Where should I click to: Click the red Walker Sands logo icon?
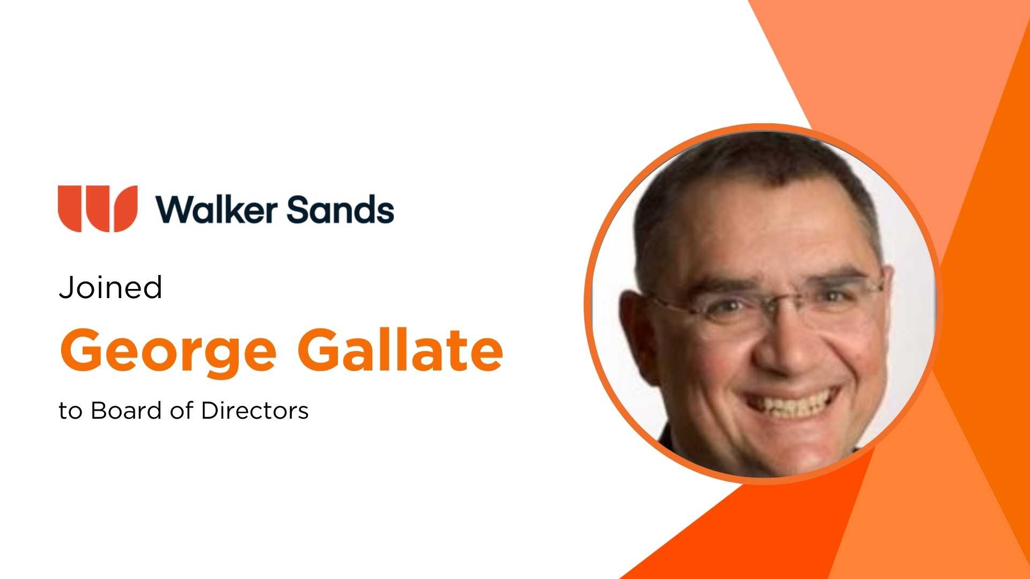coord(98,209)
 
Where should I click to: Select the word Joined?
coord(111,288)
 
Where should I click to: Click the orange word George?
coord(168,351)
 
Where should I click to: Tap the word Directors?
coord(255,411)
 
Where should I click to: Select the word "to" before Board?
coord(70,411)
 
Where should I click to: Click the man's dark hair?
coord(751,161)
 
